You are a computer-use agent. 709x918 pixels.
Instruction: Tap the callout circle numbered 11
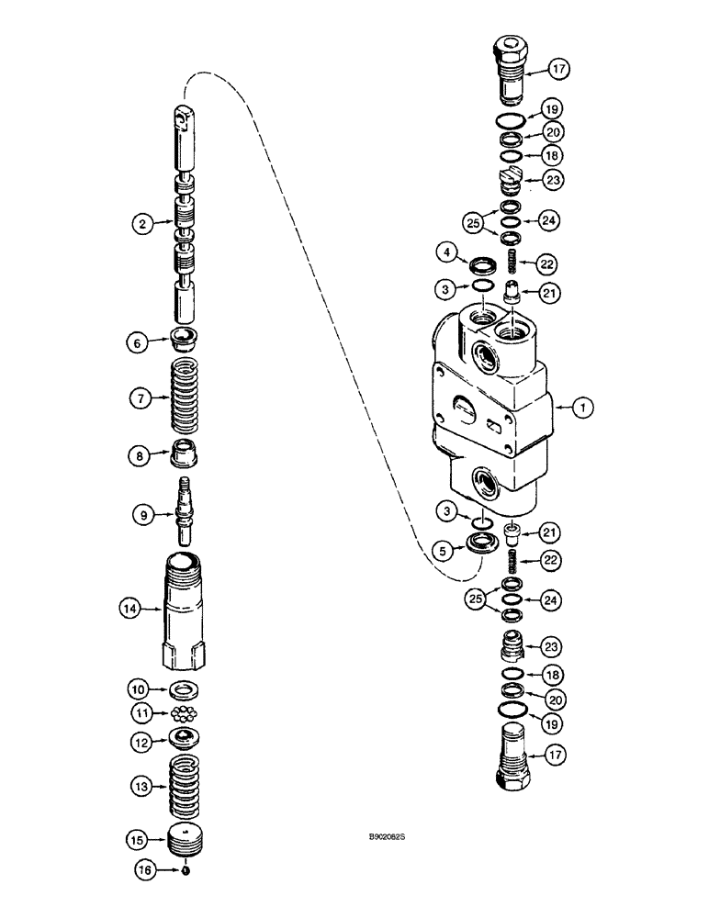141,712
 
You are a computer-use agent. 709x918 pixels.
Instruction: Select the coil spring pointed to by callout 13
187,787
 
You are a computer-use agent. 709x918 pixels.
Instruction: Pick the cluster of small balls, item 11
186,713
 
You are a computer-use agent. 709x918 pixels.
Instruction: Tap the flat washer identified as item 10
186,688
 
